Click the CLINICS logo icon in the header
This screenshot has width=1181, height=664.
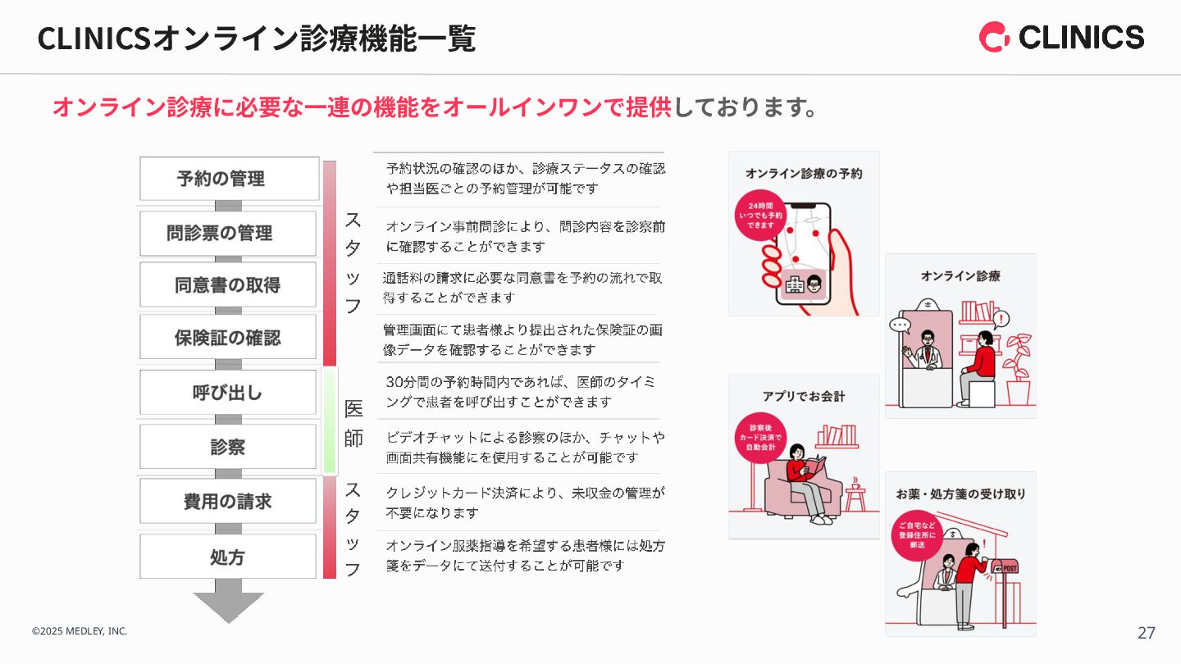[994, 37]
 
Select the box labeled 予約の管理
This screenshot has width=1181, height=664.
[229, 179]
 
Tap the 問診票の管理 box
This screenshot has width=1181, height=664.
[227, 234]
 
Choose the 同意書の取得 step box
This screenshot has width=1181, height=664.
[227, 285]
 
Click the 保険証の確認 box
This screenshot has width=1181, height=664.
[227, 337]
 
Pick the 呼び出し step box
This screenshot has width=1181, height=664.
[227, 393]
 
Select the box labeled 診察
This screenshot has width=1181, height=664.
[227, 447]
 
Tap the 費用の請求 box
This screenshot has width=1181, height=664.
[227, 501]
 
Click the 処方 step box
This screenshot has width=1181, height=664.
[227, 557]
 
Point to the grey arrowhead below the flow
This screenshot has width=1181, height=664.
[228, 606]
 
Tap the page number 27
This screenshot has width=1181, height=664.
[1146, 633]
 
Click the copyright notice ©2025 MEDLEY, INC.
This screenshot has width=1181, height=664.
[80, 631]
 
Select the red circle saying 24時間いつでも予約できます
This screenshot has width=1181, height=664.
[760, 216]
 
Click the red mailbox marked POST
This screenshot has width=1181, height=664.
[1005, 569]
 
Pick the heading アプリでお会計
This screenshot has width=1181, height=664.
[803, 397]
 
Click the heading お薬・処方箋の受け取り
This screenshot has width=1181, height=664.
[960, 494]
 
